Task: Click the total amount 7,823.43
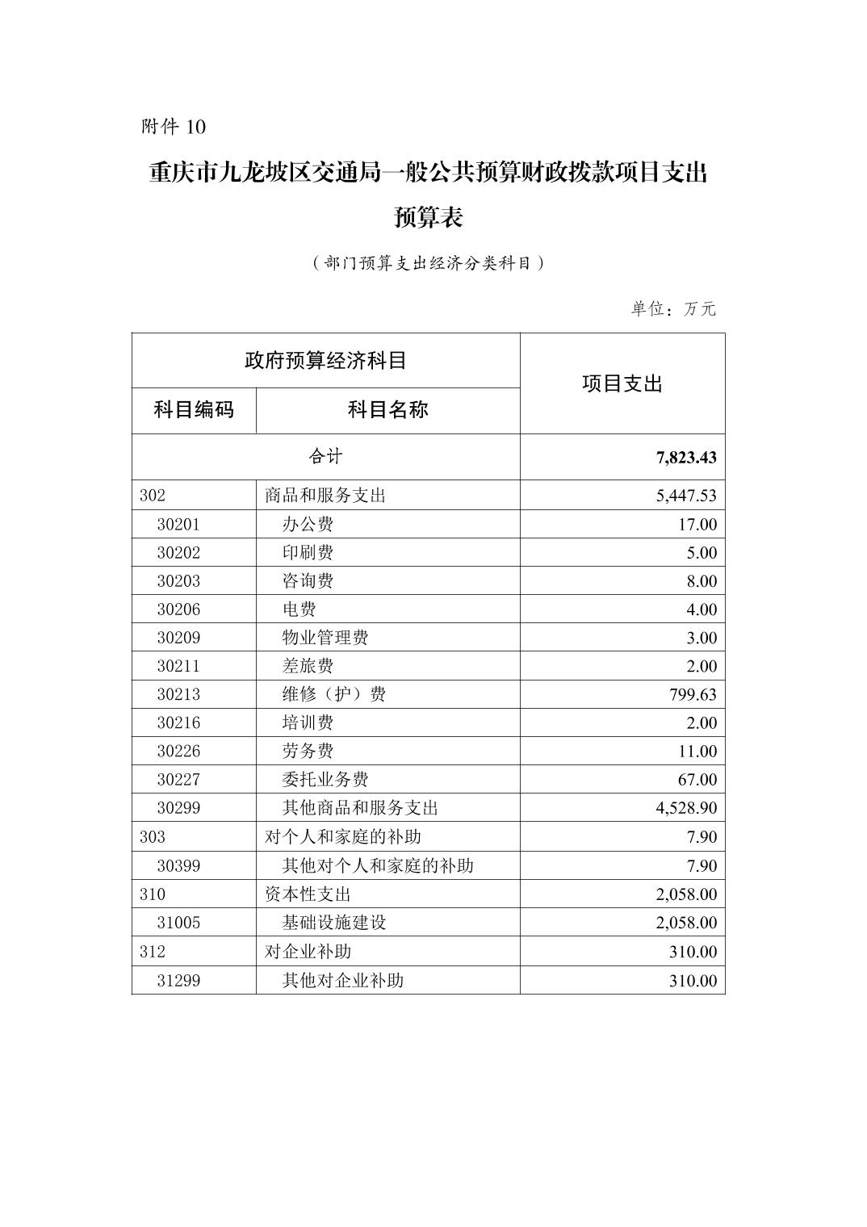click(686, 458)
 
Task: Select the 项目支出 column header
click(622, 384)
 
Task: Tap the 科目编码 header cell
click(194, 410)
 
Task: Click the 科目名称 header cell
click(387, 410)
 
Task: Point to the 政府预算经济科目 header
click(325, 360)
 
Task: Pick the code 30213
click(178, 694)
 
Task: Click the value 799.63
click(686, 694)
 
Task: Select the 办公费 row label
click(308, 525)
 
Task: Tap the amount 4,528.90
click(686, 808)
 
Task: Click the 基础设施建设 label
click(334, 923)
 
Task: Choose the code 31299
click(178, 981)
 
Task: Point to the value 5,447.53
click(686, 496)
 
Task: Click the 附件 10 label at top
click(174, 127)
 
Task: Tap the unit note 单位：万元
click(673, 309)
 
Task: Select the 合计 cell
click(325, 457)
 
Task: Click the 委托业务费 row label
click(325, 780)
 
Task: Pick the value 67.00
click(697, 780)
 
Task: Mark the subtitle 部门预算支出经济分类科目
click(428, 263)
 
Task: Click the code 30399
click(178, 866)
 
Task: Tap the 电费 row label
click(299, 609)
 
